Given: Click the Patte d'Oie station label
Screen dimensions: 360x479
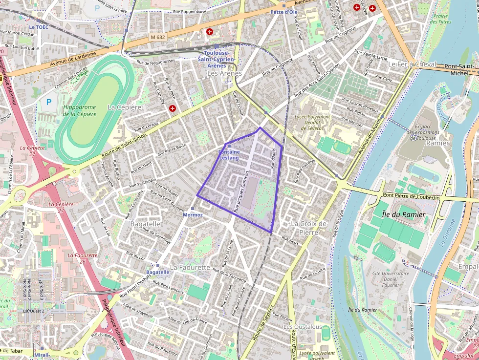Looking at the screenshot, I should pyautogui.click(x=283, y=12).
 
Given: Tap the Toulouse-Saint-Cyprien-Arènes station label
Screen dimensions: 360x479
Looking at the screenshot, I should pyautogui.click(x=219, y=59).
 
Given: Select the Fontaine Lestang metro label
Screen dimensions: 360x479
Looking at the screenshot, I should pyautogui.click(x=229, y=155).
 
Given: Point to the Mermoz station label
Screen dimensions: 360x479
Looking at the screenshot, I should pyautogui.click(x=192, y=214).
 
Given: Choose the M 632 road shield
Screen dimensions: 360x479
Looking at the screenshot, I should pyautogui.click(x=158, y=37).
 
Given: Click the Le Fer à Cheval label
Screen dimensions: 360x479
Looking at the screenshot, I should pyautogui.click(x=412, y=64).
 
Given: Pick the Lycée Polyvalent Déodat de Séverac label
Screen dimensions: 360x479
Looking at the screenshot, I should pyautogui.click(x=312, y=123).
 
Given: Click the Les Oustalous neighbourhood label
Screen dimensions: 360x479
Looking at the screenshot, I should pyautogui.click(x=303, y=326).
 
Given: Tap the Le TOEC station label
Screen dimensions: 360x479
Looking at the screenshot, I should pyautogui.click(x=39, y=27).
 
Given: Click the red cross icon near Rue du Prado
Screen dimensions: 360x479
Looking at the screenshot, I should pyautogui.click(x=173, y=108).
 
